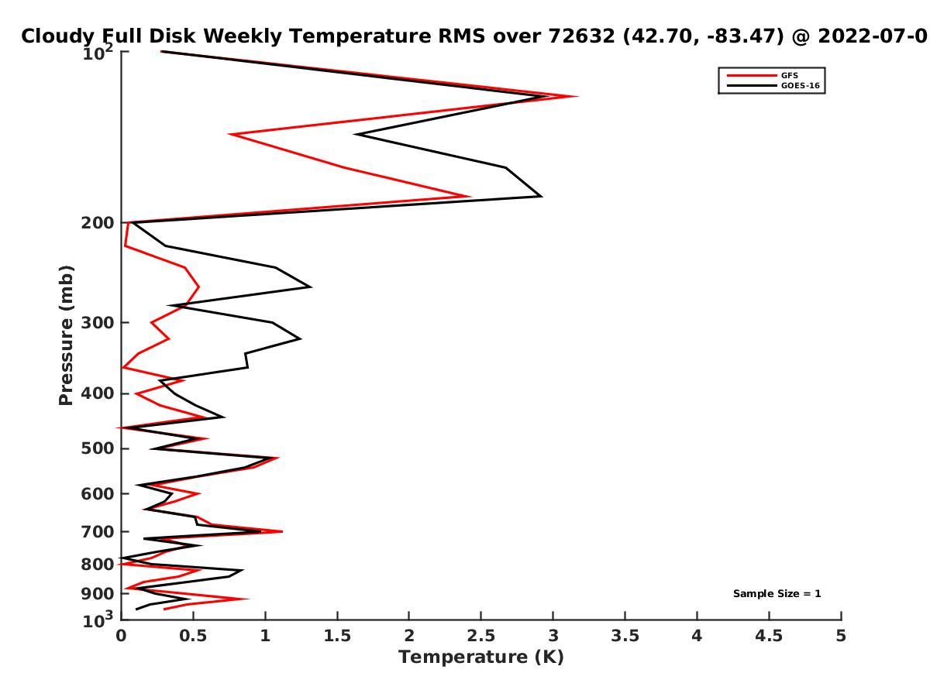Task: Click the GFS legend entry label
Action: (x=789, y=75)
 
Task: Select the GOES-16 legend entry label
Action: (x=801, y=85)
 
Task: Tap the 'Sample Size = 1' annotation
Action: (x=777, y=593)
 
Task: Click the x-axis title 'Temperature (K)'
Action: (x=481, y=657)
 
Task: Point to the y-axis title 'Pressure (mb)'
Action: (x=66, y=335)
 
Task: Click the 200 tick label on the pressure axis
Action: (x=98, y=222)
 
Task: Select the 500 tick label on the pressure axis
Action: (x=98, y=448)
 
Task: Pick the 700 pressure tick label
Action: (x=98, y=531)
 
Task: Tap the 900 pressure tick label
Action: (x=98, y=594)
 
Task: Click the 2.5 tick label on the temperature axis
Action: (x=481, y=636)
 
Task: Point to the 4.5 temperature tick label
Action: (x=769, y=636)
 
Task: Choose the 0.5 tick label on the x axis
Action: (x=193, y=636)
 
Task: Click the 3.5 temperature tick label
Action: (x=625, y=636)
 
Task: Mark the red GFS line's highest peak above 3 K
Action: (x=577, y=96)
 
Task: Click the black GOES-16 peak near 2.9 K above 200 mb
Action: (x=542, y=196)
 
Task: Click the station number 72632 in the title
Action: (x=581, y=36)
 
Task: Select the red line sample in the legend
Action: (x=752, y=75)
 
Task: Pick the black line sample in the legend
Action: (x=752, y=85)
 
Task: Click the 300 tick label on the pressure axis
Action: (x=98, y=322)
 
